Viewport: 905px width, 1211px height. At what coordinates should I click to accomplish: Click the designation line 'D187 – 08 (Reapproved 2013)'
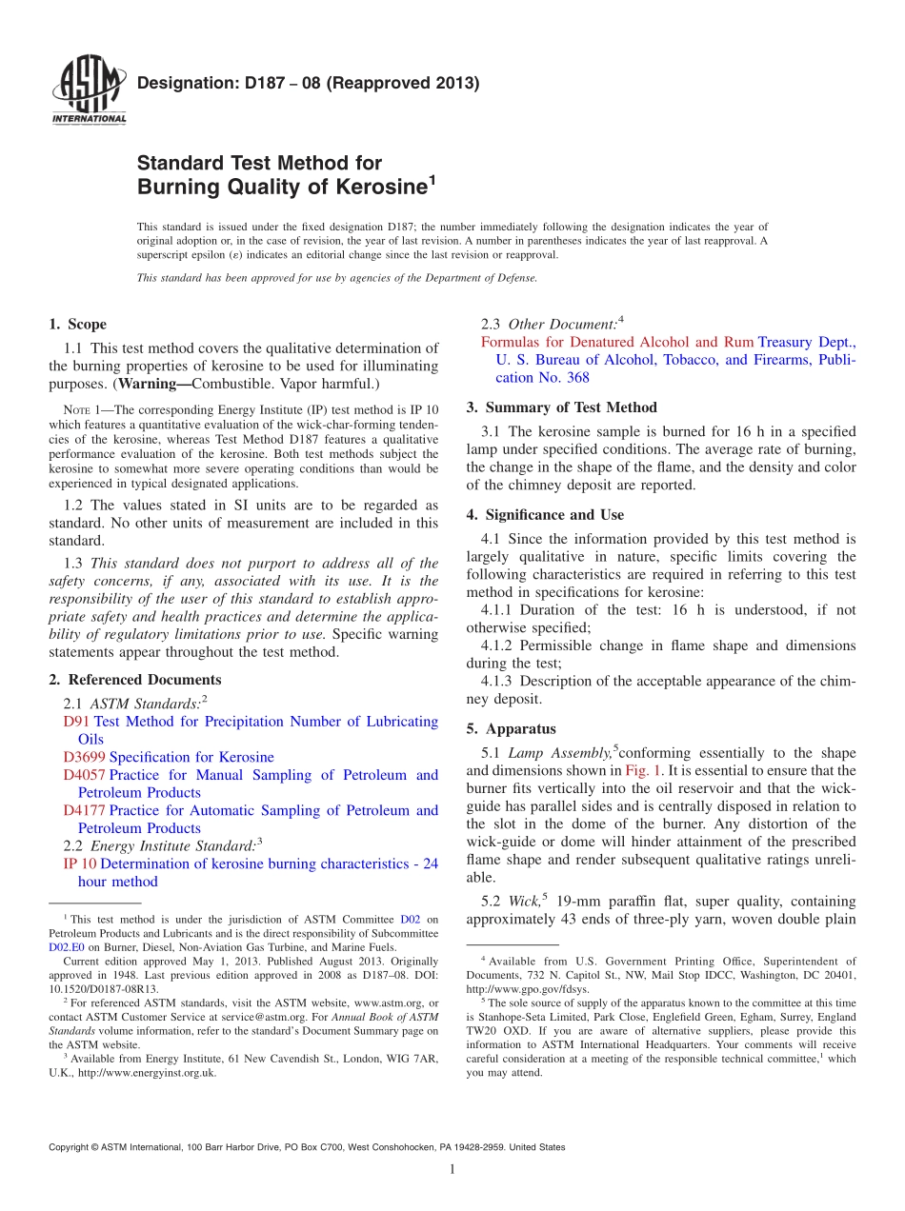tap(308, 83)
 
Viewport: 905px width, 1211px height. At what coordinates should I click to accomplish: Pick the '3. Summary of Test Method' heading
tap(561, 407)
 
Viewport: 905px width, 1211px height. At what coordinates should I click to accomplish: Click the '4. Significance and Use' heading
tap(545, 515)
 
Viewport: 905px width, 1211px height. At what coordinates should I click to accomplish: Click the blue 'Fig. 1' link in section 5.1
tap(639, 770)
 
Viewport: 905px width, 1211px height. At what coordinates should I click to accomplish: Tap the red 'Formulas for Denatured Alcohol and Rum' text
tap(616, 342)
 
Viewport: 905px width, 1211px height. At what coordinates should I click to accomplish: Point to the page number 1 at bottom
tap(452, 1170)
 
